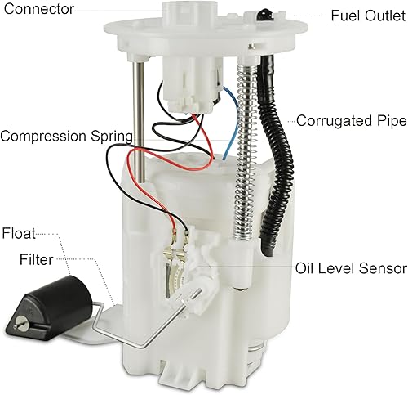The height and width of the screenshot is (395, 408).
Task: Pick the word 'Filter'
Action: [36, 261]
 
